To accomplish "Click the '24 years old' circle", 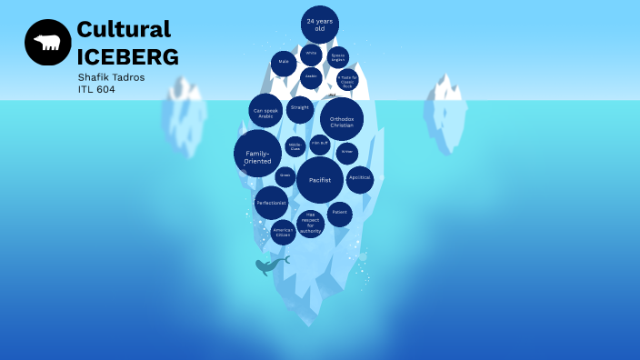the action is pos(319,25).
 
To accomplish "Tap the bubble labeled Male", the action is pos(284,64).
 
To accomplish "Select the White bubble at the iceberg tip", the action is pos(311,54).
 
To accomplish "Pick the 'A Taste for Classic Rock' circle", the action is pos(347,80).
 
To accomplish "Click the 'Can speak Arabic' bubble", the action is pos(265,112).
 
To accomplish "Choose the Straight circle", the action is pos(300,110).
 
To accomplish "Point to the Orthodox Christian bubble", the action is pos(342,120).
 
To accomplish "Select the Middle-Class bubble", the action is pos(295,146).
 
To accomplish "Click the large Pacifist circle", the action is pos(319,180).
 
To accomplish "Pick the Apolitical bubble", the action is pos(360,178).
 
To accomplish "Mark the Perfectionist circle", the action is pos(271,203).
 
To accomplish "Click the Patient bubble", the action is pos(339,213).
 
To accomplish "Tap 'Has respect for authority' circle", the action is pos(310,223).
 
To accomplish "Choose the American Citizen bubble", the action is pos(283,232).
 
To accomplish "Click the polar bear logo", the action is pos(47,42).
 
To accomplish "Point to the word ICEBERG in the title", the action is pos(127,56).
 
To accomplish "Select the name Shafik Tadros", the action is pos(112,76).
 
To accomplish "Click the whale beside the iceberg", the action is pos(270,265).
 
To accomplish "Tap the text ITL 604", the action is pos(97,89).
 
